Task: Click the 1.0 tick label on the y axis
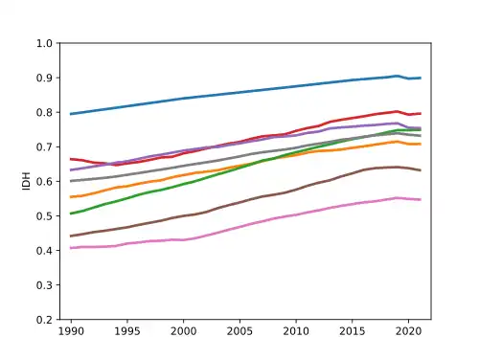[44, 43]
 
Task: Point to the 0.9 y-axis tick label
[44, 78]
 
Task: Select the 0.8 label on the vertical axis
[44, 112]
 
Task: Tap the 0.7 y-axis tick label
[44, 146]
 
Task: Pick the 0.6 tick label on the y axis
[44, 181]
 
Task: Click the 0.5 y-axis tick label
[44, 216]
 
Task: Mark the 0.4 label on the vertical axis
[44, 251]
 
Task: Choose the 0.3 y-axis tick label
[44, 285]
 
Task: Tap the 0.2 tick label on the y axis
[44, 320]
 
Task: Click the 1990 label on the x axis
[71, 331]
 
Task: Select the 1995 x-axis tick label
[127, 331]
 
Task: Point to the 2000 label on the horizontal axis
[183, 331]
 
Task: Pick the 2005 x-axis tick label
[239, 331]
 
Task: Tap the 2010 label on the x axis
[296, 331]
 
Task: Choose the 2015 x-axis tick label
[352, 331]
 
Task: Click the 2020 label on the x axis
[408, 331]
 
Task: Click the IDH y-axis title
[26, 181]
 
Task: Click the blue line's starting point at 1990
[71, 114]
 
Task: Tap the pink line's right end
[421, 200]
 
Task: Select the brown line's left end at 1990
[71, 236]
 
